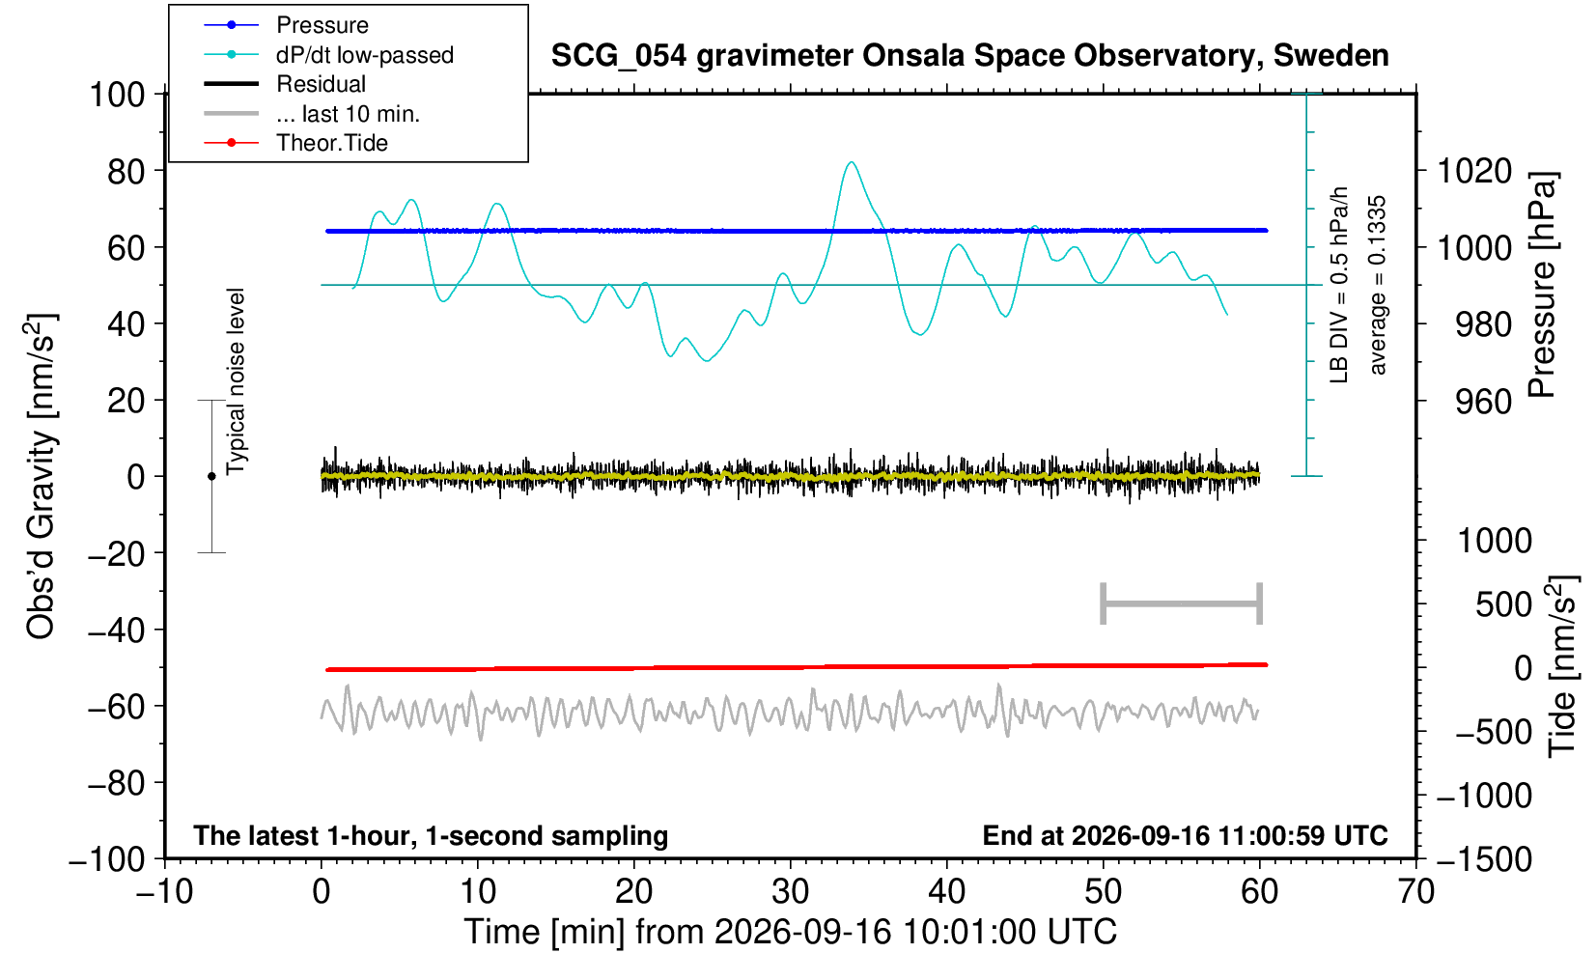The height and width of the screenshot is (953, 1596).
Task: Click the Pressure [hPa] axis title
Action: (1543, 285)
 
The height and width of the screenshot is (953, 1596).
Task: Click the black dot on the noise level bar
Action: (211, 476)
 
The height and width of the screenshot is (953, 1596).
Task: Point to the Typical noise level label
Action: (236, 381)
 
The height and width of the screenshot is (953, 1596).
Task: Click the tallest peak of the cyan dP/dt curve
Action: (851, 162)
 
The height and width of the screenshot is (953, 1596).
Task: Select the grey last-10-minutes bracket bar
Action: (1182, 603)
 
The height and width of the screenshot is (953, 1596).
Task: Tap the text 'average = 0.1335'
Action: (1377, 285)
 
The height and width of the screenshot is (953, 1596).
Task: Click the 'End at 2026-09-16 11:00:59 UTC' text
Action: (1185, 835)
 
